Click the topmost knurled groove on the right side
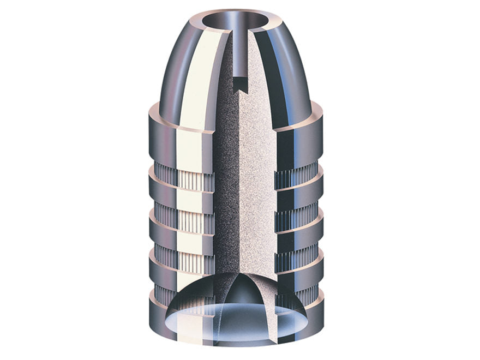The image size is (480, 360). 295,176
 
